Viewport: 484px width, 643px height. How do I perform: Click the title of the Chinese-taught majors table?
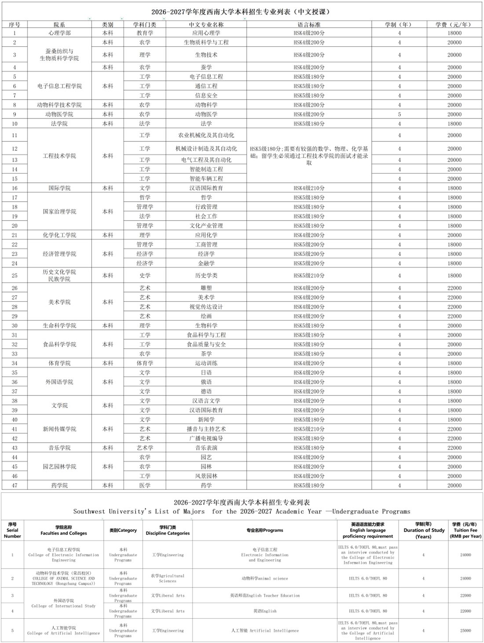coord(241,12)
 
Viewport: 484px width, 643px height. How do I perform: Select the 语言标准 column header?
coord(309,25)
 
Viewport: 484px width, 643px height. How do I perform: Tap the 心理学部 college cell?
coord(59,33)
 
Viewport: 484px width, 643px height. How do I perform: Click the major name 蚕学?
coord(206,67)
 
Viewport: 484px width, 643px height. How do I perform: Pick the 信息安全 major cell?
coord(206,96)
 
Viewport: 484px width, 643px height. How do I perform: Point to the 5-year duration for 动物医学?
coord(399,115)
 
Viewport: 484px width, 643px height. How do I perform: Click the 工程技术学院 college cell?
coord(59,156)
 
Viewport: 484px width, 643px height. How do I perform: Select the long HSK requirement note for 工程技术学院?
coord(309,156)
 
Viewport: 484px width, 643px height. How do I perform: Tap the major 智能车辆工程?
coord(206,179)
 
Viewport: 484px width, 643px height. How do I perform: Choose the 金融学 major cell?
coord(206,263)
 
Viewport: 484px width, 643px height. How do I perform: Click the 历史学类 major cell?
coord(206,276)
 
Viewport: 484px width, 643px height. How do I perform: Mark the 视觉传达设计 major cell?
coord(206,307)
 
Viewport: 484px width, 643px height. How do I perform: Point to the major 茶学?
coord(206,354)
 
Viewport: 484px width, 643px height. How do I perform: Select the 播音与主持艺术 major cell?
coord(206,429)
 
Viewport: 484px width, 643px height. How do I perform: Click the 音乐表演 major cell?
coord(206,448)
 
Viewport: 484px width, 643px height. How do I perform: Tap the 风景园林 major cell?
coord(206,476)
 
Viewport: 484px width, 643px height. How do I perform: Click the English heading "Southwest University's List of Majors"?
coord(242,512)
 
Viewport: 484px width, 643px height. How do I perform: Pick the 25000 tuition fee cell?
coord(465,631)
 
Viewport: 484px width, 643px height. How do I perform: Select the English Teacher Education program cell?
coord(264,595)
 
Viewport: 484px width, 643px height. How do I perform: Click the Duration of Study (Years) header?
coord(424,530)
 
